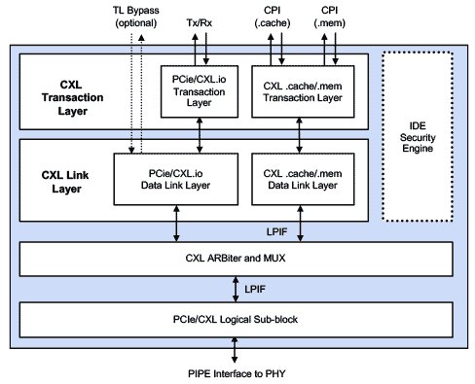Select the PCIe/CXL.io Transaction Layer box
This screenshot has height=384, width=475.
coord(200,95)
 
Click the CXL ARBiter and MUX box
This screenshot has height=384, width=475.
coord(237,259)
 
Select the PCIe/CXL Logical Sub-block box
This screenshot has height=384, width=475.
coord(237,320)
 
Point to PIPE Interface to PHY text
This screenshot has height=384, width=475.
coord(237,371)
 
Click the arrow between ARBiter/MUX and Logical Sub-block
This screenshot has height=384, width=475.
coord(237,289)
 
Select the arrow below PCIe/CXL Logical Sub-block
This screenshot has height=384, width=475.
coord(237,348)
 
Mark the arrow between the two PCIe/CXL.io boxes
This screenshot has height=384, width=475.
coord(200,141)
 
